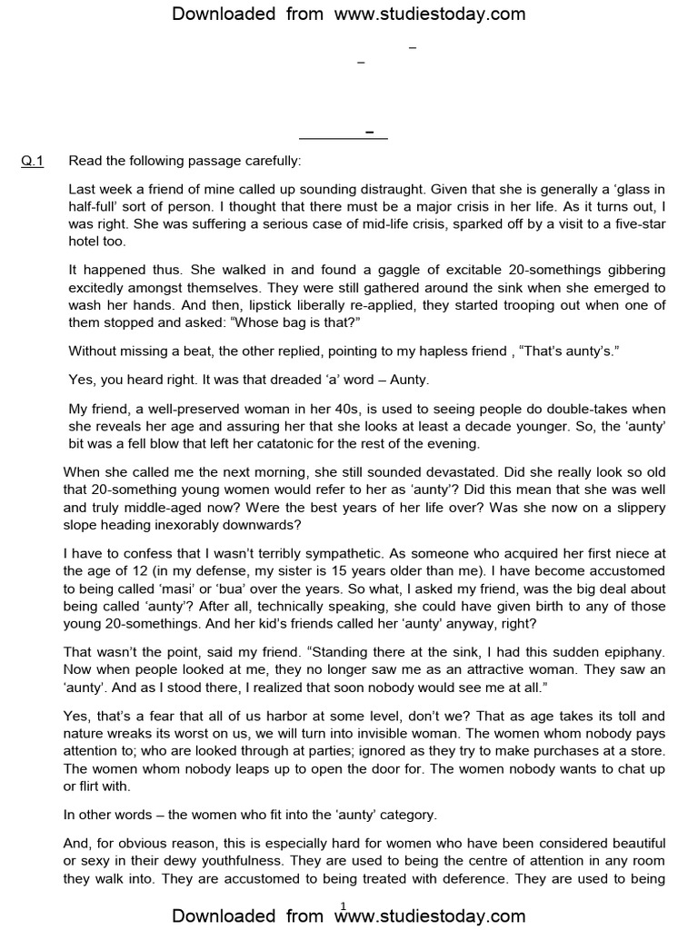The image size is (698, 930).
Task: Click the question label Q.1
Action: tap(32, 162)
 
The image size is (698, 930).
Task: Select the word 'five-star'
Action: tap(649, 224)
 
